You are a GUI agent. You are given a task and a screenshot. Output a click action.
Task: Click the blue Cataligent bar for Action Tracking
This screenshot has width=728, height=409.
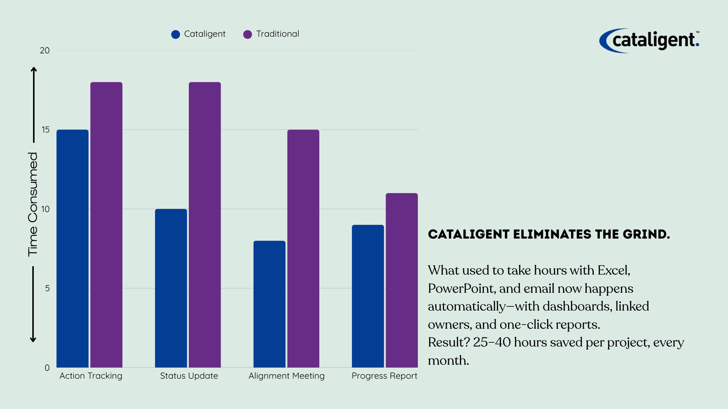pyautogui.click(x=72, y=248)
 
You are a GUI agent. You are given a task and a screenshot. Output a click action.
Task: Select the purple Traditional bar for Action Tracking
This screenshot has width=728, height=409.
pyautogui.click(x=106, y=225)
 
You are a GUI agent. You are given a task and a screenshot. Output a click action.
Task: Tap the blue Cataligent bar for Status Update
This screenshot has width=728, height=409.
pyautogui.click(x=171, y=288)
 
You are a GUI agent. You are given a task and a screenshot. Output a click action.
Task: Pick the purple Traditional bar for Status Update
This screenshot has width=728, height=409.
pyautogui.click(x=205, y=225)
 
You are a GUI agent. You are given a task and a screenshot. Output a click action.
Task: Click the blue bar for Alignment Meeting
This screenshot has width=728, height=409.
pyautogui.click(x=269, y=304)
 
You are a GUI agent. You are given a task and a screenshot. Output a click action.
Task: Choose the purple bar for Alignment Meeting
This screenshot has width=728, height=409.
pyautogui.click(x=303, y=248)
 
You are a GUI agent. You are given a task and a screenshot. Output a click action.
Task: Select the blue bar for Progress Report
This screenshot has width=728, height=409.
pyautogui.click(x=368, y=296)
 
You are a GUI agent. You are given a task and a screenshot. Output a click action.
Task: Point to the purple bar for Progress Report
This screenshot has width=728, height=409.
pyautogui.click(x=402, y=280)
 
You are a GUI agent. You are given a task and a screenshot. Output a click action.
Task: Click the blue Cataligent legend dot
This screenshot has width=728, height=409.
pyautogui.click(x=176, y=34)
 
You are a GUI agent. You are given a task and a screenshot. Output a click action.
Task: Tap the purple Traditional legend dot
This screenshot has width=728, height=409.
pyautogui.click(x=248, y=34)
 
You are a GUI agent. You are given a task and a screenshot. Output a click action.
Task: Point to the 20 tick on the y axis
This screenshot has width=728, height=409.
pyautogui.click(x=45, y=50)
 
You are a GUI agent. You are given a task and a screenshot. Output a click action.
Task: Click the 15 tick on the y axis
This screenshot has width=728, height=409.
pyautogui.click(x=45, y=130)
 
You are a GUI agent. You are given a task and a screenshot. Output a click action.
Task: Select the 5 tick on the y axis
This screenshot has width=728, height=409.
pyautogui.click(x=47, y=288)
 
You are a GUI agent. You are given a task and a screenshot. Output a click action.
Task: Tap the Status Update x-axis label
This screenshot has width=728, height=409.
pyautogui.click(x=189, y=376)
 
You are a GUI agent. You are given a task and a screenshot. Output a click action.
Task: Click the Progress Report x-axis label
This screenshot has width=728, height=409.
pyautogui.click(x=384, y=376)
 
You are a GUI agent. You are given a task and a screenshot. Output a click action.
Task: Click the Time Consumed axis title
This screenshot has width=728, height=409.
pyautogui.click(x=33, y=204)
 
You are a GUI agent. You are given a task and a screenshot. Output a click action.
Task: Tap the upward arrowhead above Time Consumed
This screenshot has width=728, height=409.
pyautogui.click(x=34, y=70)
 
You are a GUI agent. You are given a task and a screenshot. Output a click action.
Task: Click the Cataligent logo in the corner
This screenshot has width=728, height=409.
pyautogui.click(x=649, y=41)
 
